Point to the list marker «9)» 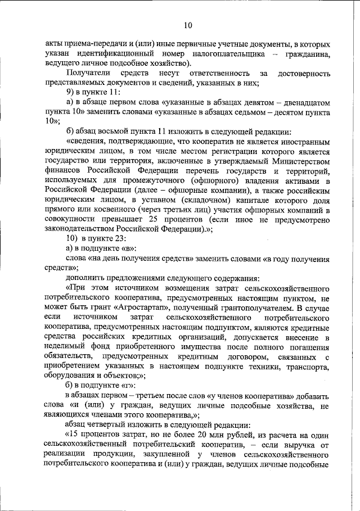[71, 92]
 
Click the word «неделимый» [65, 346]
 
